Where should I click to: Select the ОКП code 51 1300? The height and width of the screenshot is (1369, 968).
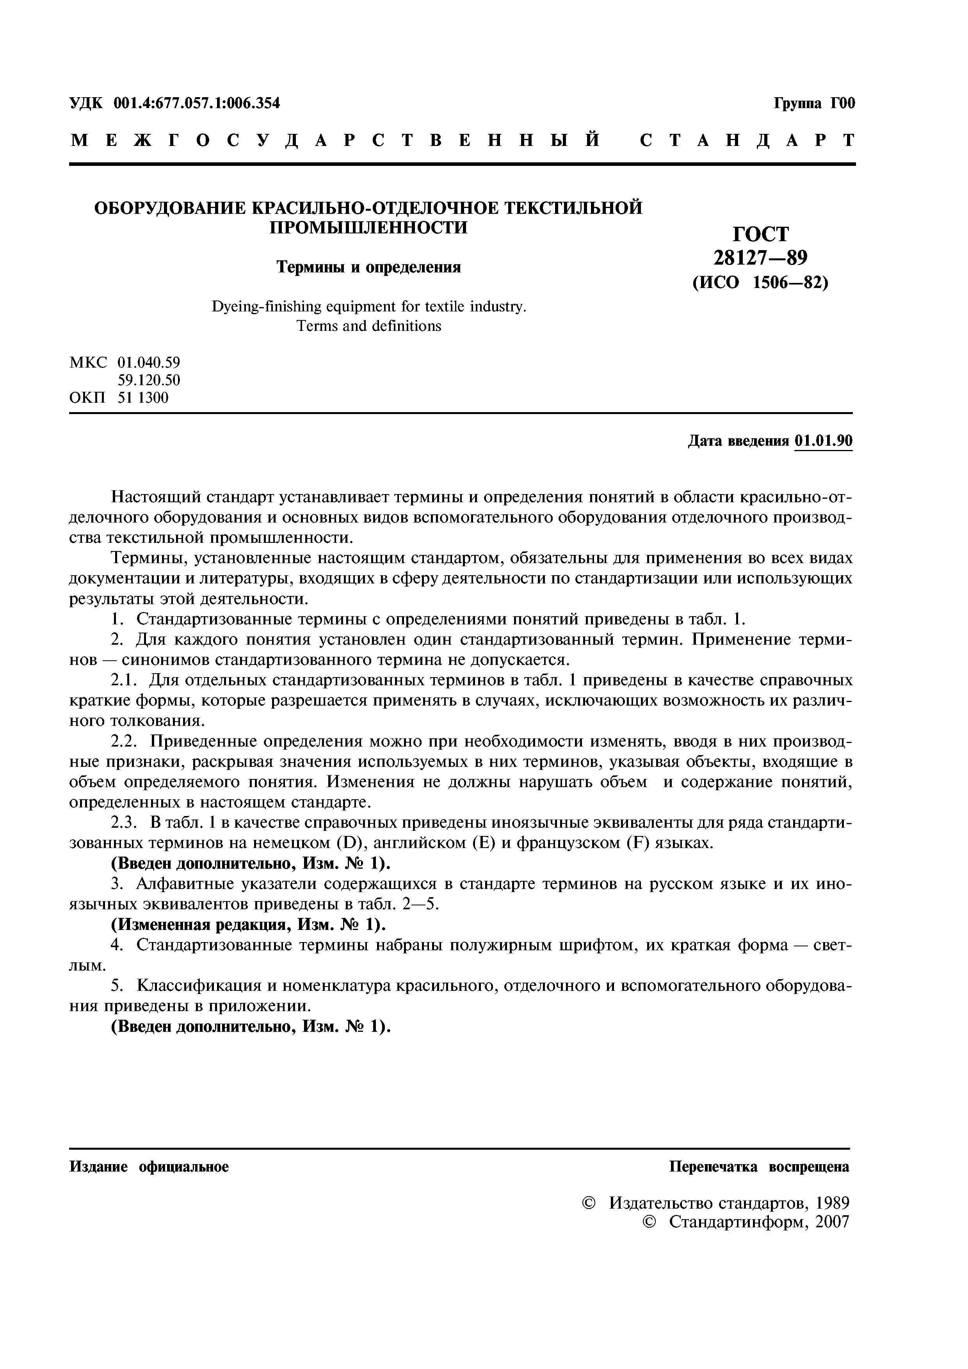click(x=143, y=397)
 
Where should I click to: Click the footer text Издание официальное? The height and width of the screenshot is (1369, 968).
click(x=149, y=1167)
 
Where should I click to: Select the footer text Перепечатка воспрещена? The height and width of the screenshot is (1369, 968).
click(x=759, y=1167)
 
